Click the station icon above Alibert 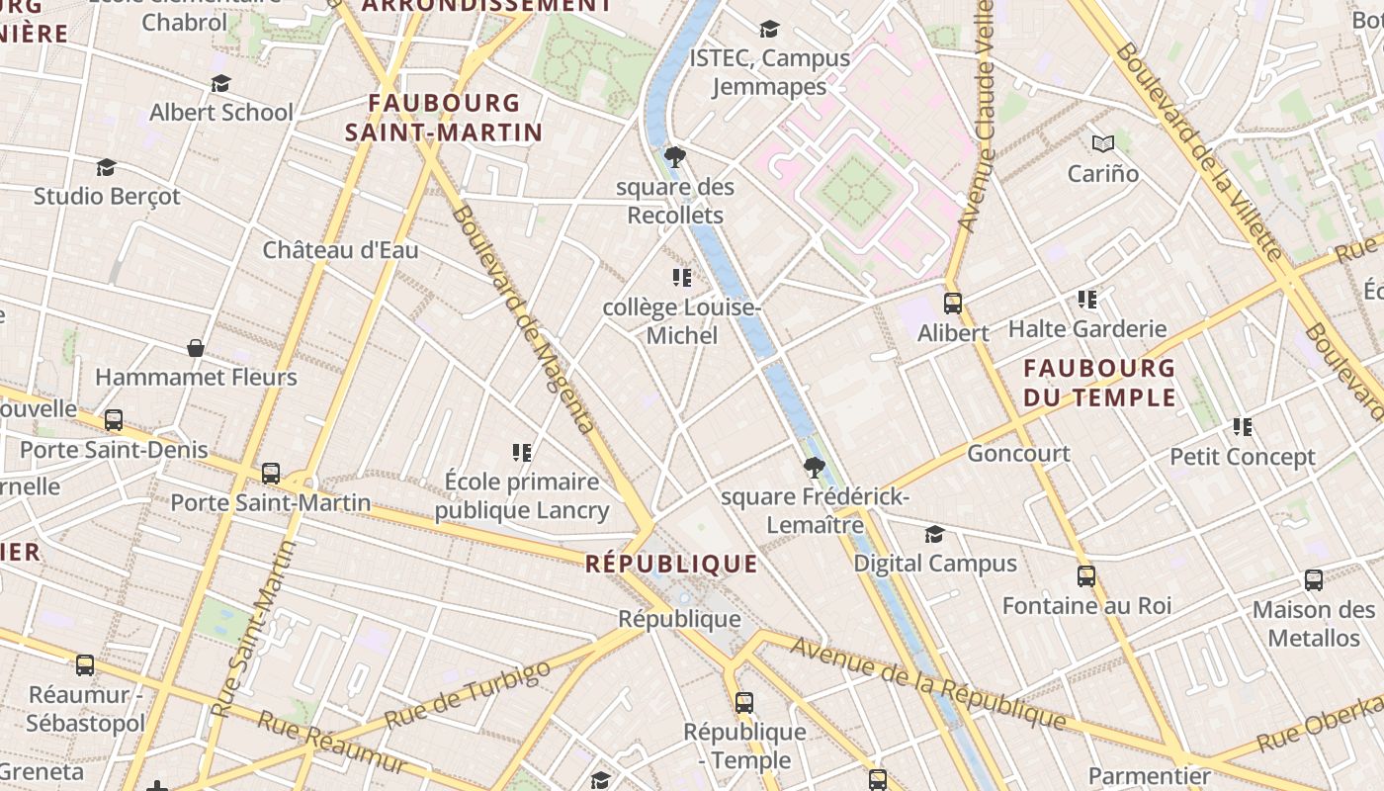pos(953,304)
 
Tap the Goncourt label pos(1018,454)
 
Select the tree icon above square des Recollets pos(675,157)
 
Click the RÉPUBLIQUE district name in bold pos(671,565)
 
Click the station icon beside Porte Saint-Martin pos(271,474)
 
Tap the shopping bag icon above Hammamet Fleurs pos(196,348)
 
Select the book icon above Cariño pos(1103,144)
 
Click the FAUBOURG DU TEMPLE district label pos(1099,384)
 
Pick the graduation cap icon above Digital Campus pos(934,535)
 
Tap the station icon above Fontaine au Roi pos(1086,576)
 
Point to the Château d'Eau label pos(340,250)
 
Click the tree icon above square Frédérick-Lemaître pos(815,467)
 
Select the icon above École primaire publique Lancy pos(522,453)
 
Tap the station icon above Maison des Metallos pos(1314,580)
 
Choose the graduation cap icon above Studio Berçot pos(106,167)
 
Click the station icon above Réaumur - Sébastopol pos(85,665)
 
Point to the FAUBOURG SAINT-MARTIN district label pos(444,118)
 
